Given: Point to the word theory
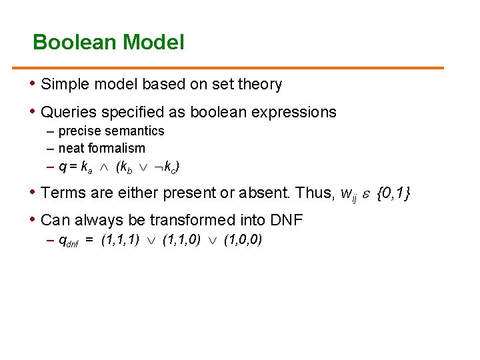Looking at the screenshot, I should (x=260, y=85).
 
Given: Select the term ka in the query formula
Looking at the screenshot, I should (x=86, y=167).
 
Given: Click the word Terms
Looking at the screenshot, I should (x=61, y=193).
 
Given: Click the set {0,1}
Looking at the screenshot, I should (x=393, y=193).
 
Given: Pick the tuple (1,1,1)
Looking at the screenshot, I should (x=120, y=240).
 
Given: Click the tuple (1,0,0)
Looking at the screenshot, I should (x=243, y=240).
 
